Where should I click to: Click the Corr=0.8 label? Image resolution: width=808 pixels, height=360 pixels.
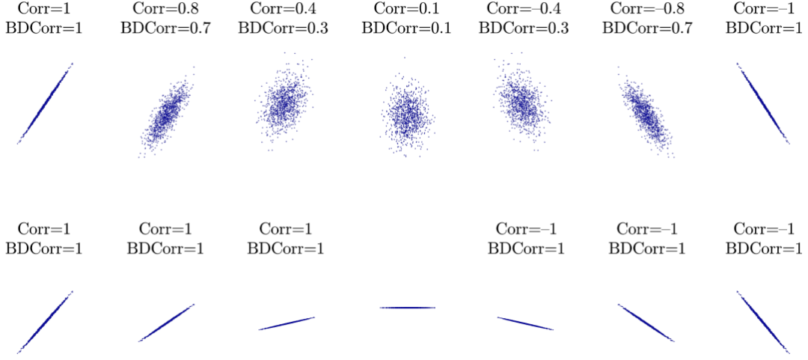coord(165,10)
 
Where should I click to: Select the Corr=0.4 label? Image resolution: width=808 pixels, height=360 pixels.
coord(284,10)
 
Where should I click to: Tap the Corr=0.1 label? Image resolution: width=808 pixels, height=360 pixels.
coord(404,10)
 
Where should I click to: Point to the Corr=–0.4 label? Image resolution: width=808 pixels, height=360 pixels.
coord(524,10)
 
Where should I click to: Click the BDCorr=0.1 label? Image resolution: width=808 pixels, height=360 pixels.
coord(404,28)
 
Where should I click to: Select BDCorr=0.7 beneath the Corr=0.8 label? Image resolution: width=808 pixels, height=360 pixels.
coord(165,28)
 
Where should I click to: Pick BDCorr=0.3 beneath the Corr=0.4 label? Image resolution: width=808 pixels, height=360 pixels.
coord(284,28)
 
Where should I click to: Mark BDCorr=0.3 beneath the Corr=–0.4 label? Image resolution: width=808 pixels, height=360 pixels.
coord(524,28)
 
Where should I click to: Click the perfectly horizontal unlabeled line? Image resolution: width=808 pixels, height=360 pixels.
coord(407,308)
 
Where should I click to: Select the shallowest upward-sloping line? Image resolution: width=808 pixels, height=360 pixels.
coord(287,323)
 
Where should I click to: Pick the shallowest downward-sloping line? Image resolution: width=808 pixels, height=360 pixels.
coord(525,323)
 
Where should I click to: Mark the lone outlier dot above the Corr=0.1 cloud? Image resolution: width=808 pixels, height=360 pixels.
coord(405,57)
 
